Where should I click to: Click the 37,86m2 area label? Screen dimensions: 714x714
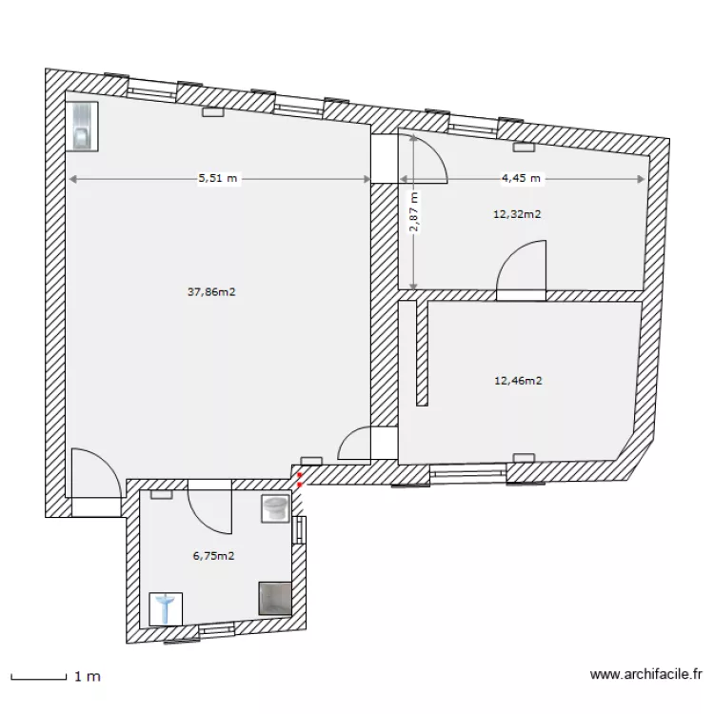211,292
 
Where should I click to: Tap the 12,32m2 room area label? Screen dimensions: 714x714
517,214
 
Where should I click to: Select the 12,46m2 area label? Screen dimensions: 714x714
518,381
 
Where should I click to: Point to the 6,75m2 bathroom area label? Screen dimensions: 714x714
214,556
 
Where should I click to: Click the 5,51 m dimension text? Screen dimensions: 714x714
218,178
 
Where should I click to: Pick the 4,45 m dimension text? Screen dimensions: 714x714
521,178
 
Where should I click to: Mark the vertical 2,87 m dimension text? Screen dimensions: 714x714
414,211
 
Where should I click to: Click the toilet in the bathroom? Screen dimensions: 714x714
275,508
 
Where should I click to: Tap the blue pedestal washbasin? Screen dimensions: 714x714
166,609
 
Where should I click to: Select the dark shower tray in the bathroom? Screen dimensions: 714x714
274,599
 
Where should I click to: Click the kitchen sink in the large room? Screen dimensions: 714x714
82,126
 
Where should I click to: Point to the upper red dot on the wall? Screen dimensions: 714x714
299,474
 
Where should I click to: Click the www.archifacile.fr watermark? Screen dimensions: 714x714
646,674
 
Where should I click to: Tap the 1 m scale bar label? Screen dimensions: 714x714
88,677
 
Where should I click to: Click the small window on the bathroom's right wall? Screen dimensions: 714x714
299,530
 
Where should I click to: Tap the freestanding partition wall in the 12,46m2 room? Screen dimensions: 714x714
422,353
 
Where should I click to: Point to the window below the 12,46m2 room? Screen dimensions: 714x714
468,474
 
